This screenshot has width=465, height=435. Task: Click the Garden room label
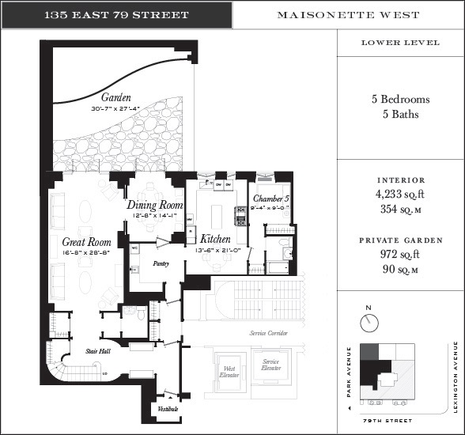[x=115, y=98]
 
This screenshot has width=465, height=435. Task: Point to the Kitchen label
[x=215, y=238]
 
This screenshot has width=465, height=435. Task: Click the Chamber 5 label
[x=271, y=199]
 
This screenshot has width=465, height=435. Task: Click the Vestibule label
[x=167, y=409]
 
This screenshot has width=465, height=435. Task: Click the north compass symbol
[x=369, y=322]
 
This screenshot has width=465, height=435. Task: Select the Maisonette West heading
[x=349, y=15]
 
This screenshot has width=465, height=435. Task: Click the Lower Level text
[x=400, y=43]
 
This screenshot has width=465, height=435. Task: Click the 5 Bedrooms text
[x=400, y=100]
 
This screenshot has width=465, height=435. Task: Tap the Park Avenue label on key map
[x=349, y=375]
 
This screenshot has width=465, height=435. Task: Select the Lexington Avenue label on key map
[x=456, y=376]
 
